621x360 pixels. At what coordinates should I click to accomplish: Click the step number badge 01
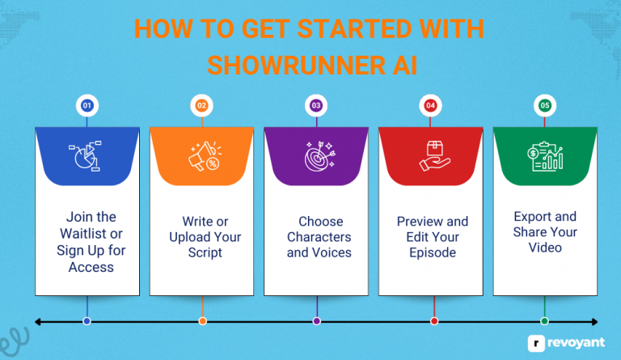tap(87, 105)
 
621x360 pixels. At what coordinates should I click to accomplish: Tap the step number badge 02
tap(201, 105)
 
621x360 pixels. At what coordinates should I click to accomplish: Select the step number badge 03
tap(316, 105)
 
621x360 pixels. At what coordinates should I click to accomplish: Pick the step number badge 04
tap(431, 105)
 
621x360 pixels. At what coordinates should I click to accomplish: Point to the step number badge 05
tap(545, 105)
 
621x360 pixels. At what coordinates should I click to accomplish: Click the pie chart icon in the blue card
tap(87, 155)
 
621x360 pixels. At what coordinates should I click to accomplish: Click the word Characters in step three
tap(319, 237)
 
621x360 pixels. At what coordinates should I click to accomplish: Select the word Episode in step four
tap(434, 252)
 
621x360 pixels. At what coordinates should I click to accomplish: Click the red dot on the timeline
tap(433, 321)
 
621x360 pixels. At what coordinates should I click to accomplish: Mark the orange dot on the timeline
tap(202, 321)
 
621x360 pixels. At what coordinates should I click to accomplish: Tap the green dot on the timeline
tap(544, 321)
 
